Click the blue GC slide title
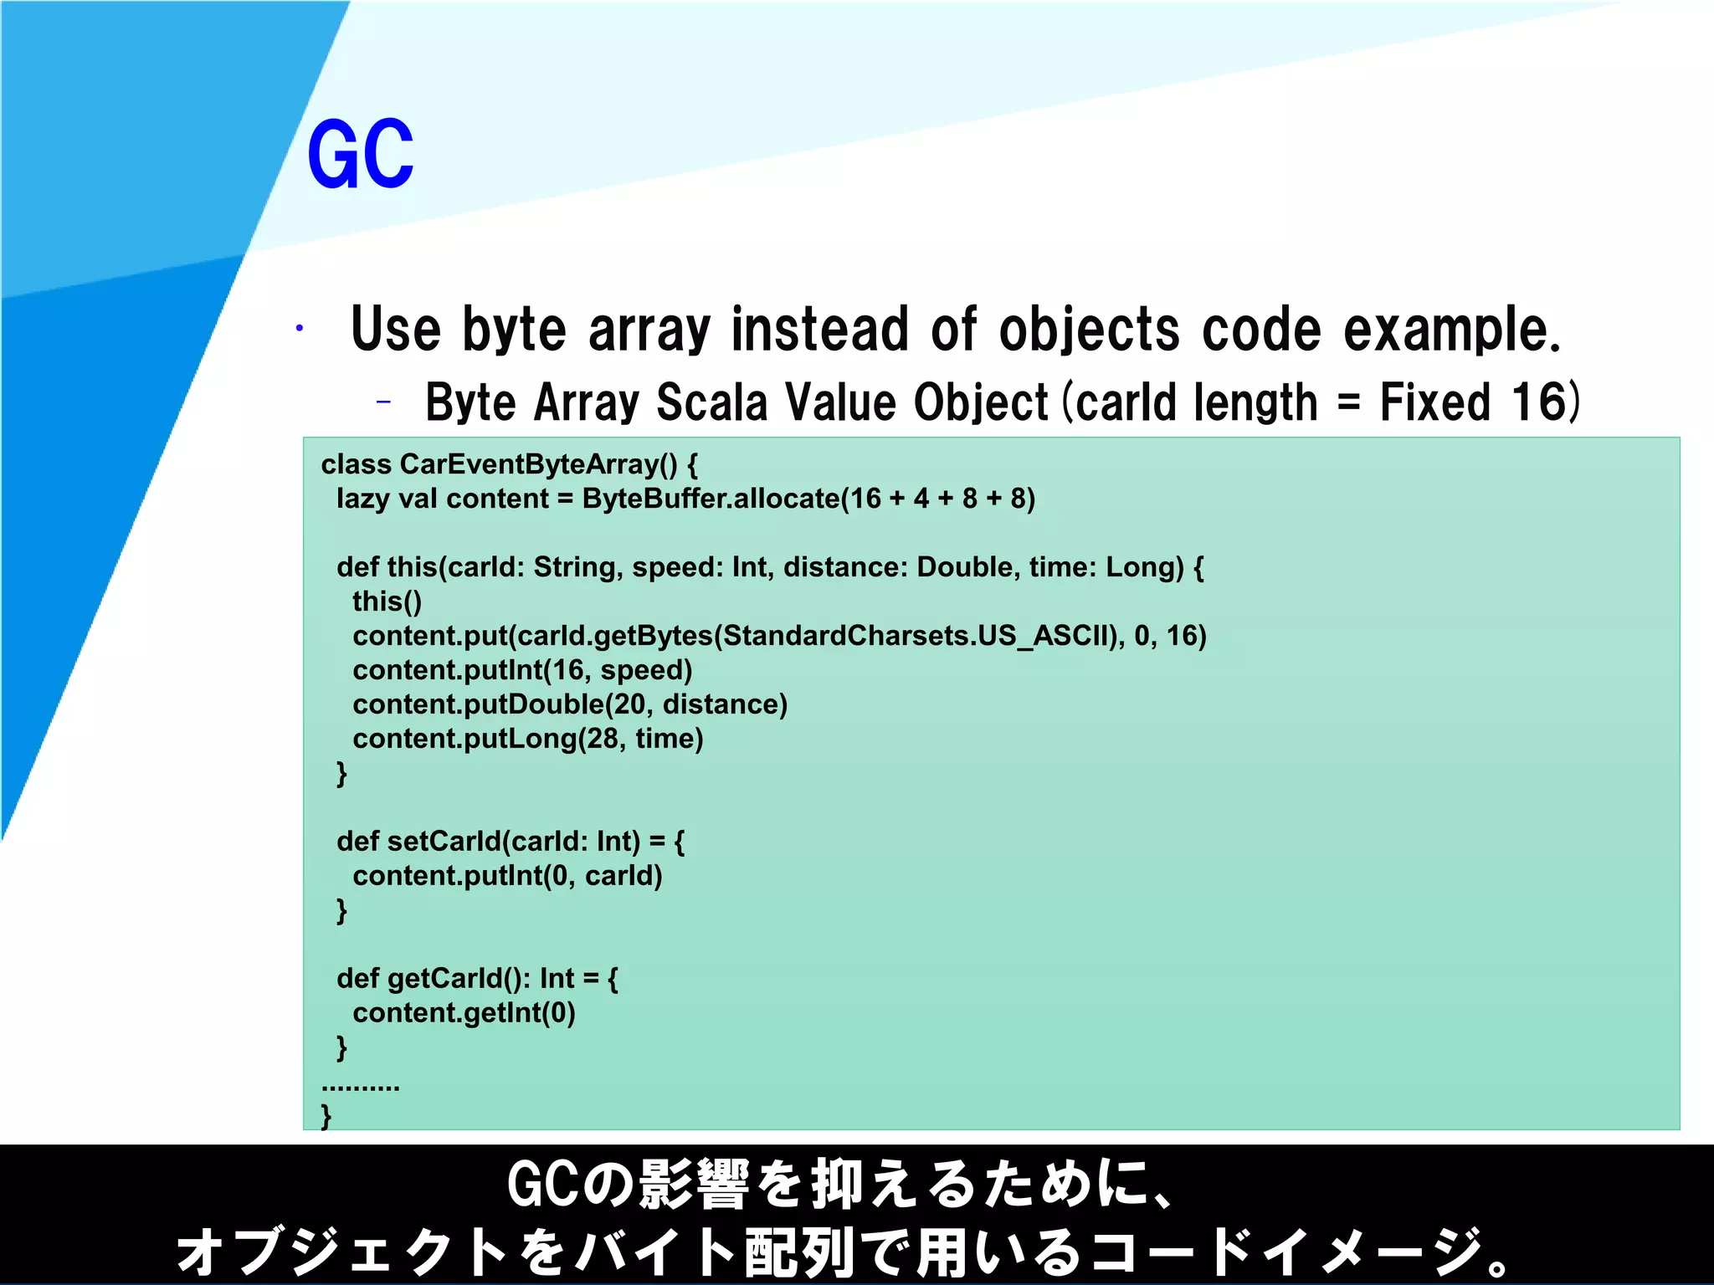coord(360,154)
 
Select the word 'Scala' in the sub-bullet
coord(711,402)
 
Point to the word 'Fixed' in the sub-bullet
coord(1434,402)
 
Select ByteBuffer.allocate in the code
coord(711,499)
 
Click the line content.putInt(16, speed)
coord(522,670)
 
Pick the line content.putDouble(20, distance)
coord(570,704)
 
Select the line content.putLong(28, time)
coord(527,739)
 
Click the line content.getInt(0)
coord(464,1013)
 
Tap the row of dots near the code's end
coord(361,1087)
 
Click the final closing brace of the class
coord(326,1115)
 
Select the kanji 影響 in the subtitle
coord(693,1185)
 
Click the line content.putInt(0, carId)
coord(507,876)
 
